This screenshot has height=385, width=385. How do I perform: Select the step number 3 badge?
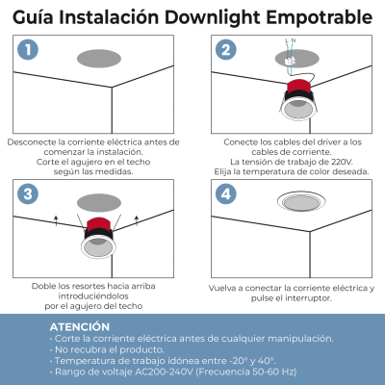pyautogui.click(x=30, y=193)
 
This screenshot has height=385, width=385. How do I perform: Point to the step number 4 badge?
pyautogui.click(x=225, y=193)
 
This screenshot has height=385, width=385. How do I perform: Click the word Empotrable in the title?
pyautogui.click(x=321, y=17)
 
